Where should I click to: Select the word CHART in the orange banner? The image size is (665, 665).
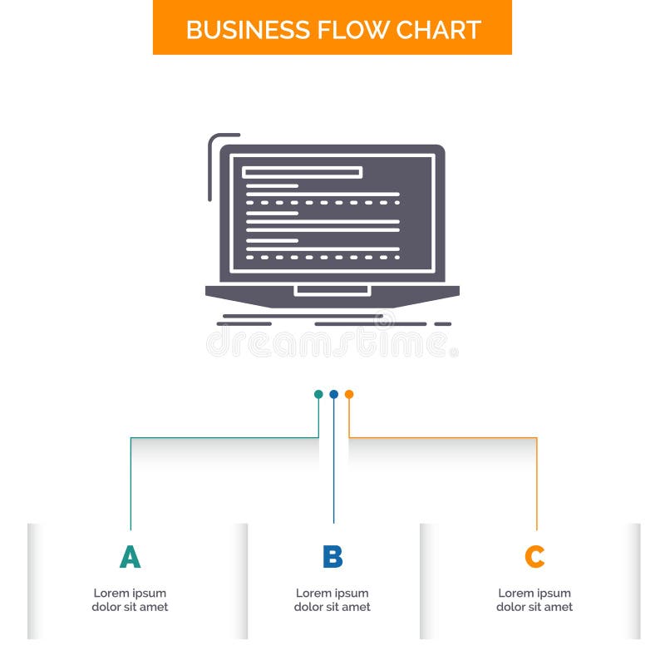tap(439, 30)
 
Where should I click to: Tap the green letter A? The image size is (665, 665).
tap(130, 557)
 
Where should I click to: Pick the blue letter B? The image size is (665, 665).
tap(332, 557)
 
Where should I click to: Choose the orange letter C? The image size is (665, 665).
tap(534, 557)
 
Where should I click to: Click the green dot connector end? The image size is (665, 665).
tap(318, 394)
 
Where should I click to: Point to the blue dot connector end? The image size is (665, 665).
tap(333, 394)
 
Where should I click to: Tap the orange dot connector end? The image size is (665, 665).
tap(349, 394)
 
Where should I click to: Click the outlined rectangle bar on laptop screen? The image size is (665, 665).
tap(302, 172)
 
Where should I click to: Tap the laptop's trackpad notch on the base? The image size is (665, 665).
tap(332, 290)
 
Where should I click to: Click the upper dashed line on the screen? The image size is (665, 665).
tap(323, 202)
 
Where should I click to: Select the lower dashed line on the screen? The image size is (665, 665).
tap(323, 257)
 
